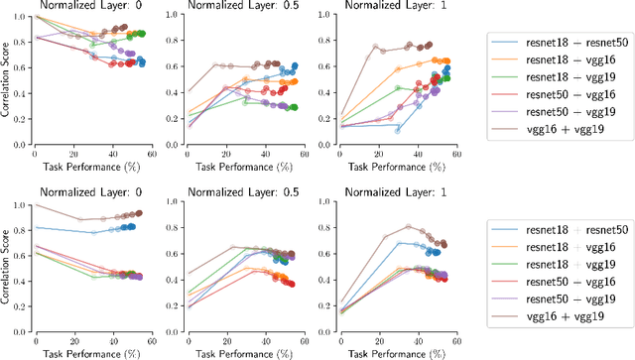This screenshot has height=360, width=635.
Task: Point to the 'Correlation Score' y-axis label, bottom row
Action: pos(7,259)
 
